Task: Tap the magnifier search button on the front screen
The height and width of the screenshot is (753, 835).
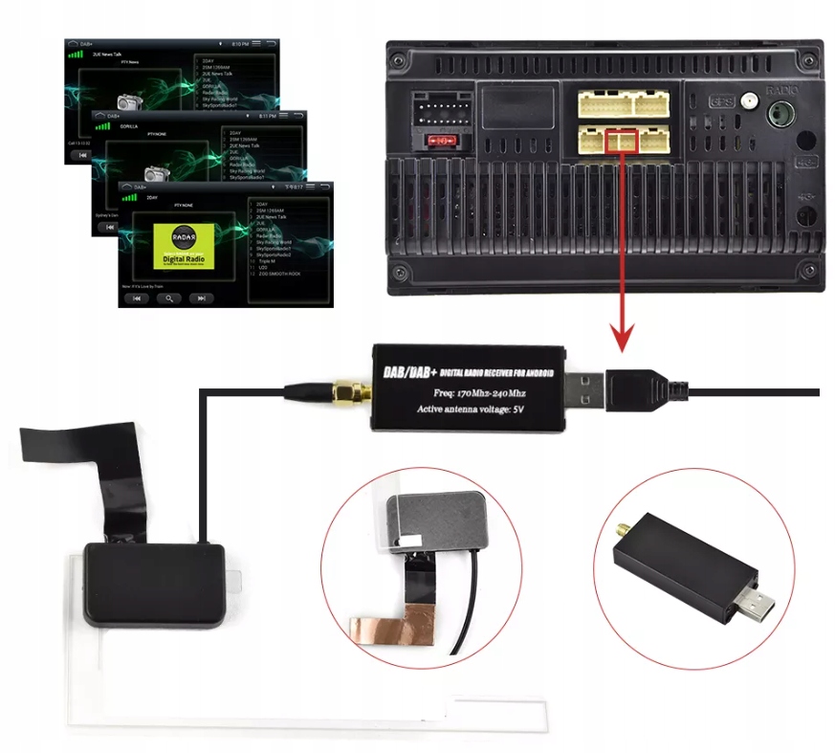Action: click(169, 298)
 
